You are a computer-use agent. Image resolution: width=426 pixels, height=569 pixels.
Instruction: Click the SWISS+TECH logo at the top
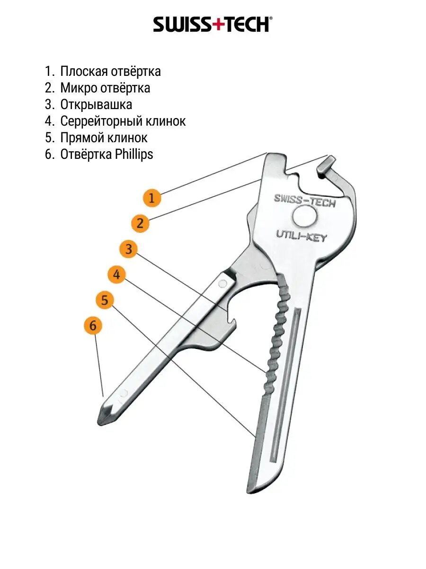pyautogui.click(x=213, y=24)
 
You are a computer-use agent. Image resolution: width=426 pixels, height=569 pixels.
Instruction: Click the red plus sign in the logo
pyautogui.click(x=216, y=24)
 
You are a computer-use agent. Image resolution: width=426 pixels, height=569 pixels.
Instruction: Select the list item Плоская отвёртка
pyautogui.click(x=110, y=72)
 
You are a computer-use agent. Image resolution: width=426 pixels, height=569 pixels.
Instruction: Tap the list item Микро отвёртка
pyautogui.click(x=105, y=88)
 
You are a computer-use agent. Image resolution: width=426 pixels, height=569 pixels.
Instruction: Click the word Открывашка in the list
pyautogui.click(x=96, y=105)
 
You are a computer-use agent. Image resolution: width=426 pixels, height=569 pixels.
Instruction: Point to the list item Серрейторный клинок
pyautogui.click(x=123, y=121)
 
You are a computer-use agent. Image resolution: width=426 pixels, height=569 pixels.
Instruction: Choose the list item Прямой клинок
pyautogui.click(x=104, y=138)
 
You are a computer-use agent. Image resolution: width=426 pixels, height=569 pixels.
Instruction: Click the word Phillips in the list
pyautogui.click(x=134, y=155)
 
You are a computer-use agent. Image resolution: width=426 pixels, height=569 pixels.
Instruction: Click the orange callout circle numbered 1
pyautogui.click(x=151, y=197)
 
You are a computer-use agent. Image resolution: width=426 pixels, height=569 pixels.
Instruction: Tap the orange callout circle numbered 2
pyautogui.click(x=140, y=222)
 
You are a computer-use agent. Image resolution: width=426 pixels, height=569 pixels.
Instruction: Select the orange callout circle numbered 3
pyautogui.click(x=129, y=249)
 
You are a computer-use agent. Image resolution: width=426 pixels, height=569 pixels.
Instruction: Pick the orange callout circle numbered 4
pyautogui.click(x=116, y=275)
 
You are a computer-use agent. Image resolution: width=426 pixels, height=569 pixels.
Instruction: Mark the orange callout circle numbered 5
pyautogui.click(x=105, y=300)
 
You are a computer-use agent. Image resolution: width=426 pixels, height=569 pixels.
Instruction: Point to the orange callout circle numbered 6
pyautogui.click(x=93, y=326)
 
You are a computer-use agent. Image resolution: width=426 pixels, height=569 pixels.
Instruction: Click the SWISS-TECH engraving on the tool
pyautogui.click(x=304, y=201)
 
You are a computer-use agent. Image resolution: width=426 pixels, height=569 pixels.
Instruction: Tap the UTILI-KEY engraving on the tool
pyautogui.click(x=301, y=235)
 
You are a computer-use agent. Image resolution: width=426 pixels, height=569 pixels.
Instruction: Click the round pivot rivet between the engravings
pyautogui.click(x=304, y=218)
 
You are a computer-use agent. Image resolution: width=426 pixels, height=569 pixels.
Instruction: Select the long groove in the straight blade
pyautogui.click(x=286, y=384)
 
